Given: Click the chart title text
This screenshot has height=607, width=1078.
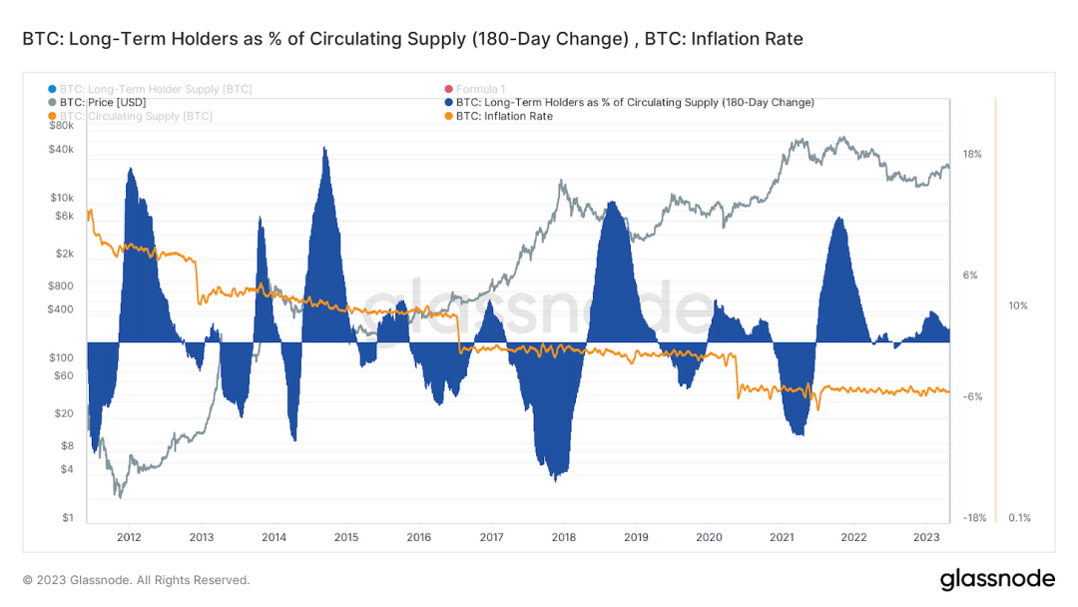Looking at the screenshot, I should pyautogui.click(x=412, y=39).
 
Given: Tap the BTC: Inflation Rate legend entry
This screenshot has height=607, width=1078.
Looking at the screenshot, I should pyautogui.click(x=504, y=117).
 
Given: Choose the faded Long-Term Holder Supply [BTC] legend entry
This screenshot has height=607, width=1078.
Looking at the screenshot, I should pyautogui.click(x=156, y=89).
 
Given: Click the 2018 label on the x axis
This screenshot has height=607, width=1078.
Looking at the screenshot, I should pyautogui.click(x=563, y=537).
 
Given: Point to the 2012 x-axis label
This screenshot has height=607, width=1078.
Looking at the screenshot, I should pyautogui.click(x=129, y=537).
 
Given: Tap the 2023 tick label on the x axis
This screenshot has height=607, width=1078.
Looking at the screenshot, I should pyautogui.click(x=925, y=537).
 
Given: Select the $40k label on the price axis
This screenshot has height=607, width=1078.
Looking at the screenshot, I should pyautogui.click(x=61, y=149).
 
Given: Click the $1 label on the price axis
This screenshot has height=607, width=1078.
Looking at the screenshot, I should pyautogui.click(x=68, y=518).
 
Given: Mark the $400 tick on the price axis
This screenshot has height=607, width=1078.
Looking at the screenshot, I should pyautogui.click(x=61, y=309).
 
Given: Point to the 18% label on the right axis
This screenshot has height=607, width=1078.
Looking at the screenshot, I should pyautogui.click(x=972, y=155).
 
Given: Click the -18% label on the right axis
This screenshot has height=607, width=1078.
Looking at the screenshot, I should pyautogui.click(x=974, y=518).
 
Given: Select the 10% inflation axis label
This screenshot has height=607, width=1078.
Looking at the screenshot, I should pyautogui.click(x=1018, y=306).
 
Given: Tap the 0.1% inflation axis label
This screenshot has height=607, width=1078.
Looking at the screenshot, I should pyautogui.click(x=1019, y=518).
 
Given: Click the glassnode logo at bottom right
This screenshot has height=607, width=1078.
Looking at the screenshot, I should pyautogui.click(x=997, y=579).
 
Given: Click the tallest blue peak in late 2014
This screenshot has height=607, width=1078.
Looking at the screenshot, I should pyautogui.click(x=324, y=150).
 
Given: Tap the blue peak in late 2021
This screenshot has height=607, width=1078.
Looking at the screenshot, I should pyautogui.click(x=840, y=220).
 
